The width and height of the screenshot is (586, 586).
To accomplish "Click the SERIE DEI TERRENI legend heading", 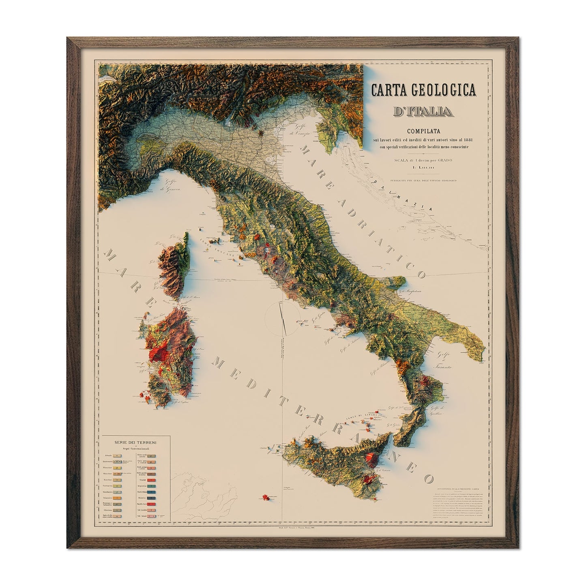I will coord(135,442).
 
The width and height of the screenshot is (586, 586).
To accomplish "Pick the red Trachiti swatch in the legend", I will coord(151,480).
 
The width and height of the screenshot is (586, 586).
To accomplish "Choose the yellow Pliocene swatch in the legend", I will coord(117,468).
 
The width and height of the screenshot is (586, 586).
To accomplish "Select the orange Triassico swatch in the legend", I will coord(117,498).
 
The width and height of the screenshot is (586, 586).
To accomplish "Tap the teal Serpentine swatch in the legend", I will coord(151,486).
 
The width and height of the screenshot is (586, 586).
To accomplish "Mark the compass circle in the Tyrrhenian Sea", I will coord(283,319).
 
